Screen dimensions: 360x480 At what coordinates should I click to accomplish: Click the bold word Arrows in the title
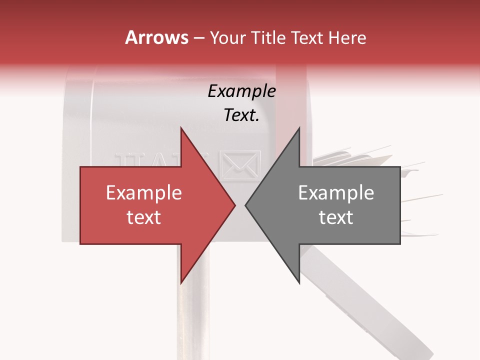[x=156, y=38]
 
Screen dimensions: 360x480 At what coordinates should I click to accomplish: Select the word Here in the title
[x=348, y=38]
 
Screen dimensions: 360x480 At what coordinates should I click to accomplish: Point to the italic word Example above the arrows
[x=241, y=91]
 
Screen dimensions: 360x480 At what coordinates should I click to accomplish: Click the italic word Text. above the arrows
[x=241, y=115]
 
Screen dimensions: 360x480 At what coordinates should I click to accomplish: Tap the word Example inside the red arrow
[x=143, y=193]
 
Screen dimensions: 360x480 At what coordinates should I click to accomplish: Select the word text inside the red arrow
[x=143, y=217]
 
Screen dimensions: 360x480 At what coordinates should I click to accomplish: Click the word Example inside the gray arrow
[x=336, y=193]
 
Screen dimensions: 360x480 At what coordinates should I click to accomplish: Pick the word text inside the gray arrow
[x=336, y=217]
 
